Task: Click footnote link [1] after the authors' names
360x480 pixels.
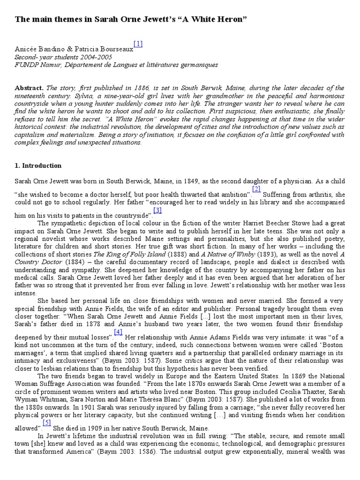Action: (138, 44)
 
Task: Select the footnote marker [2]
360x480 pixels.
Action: (256, 189)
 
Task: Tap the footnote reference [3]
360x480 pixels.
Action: (157, 210)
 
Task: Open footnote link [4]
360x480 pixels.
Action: (118, 332)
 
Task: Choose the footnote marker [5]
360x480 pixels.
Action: (47, 423)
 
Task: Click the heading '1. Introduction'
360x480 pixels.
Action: (38, 166)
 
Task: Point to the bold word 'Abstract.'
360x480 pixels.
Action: (29, 88)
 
